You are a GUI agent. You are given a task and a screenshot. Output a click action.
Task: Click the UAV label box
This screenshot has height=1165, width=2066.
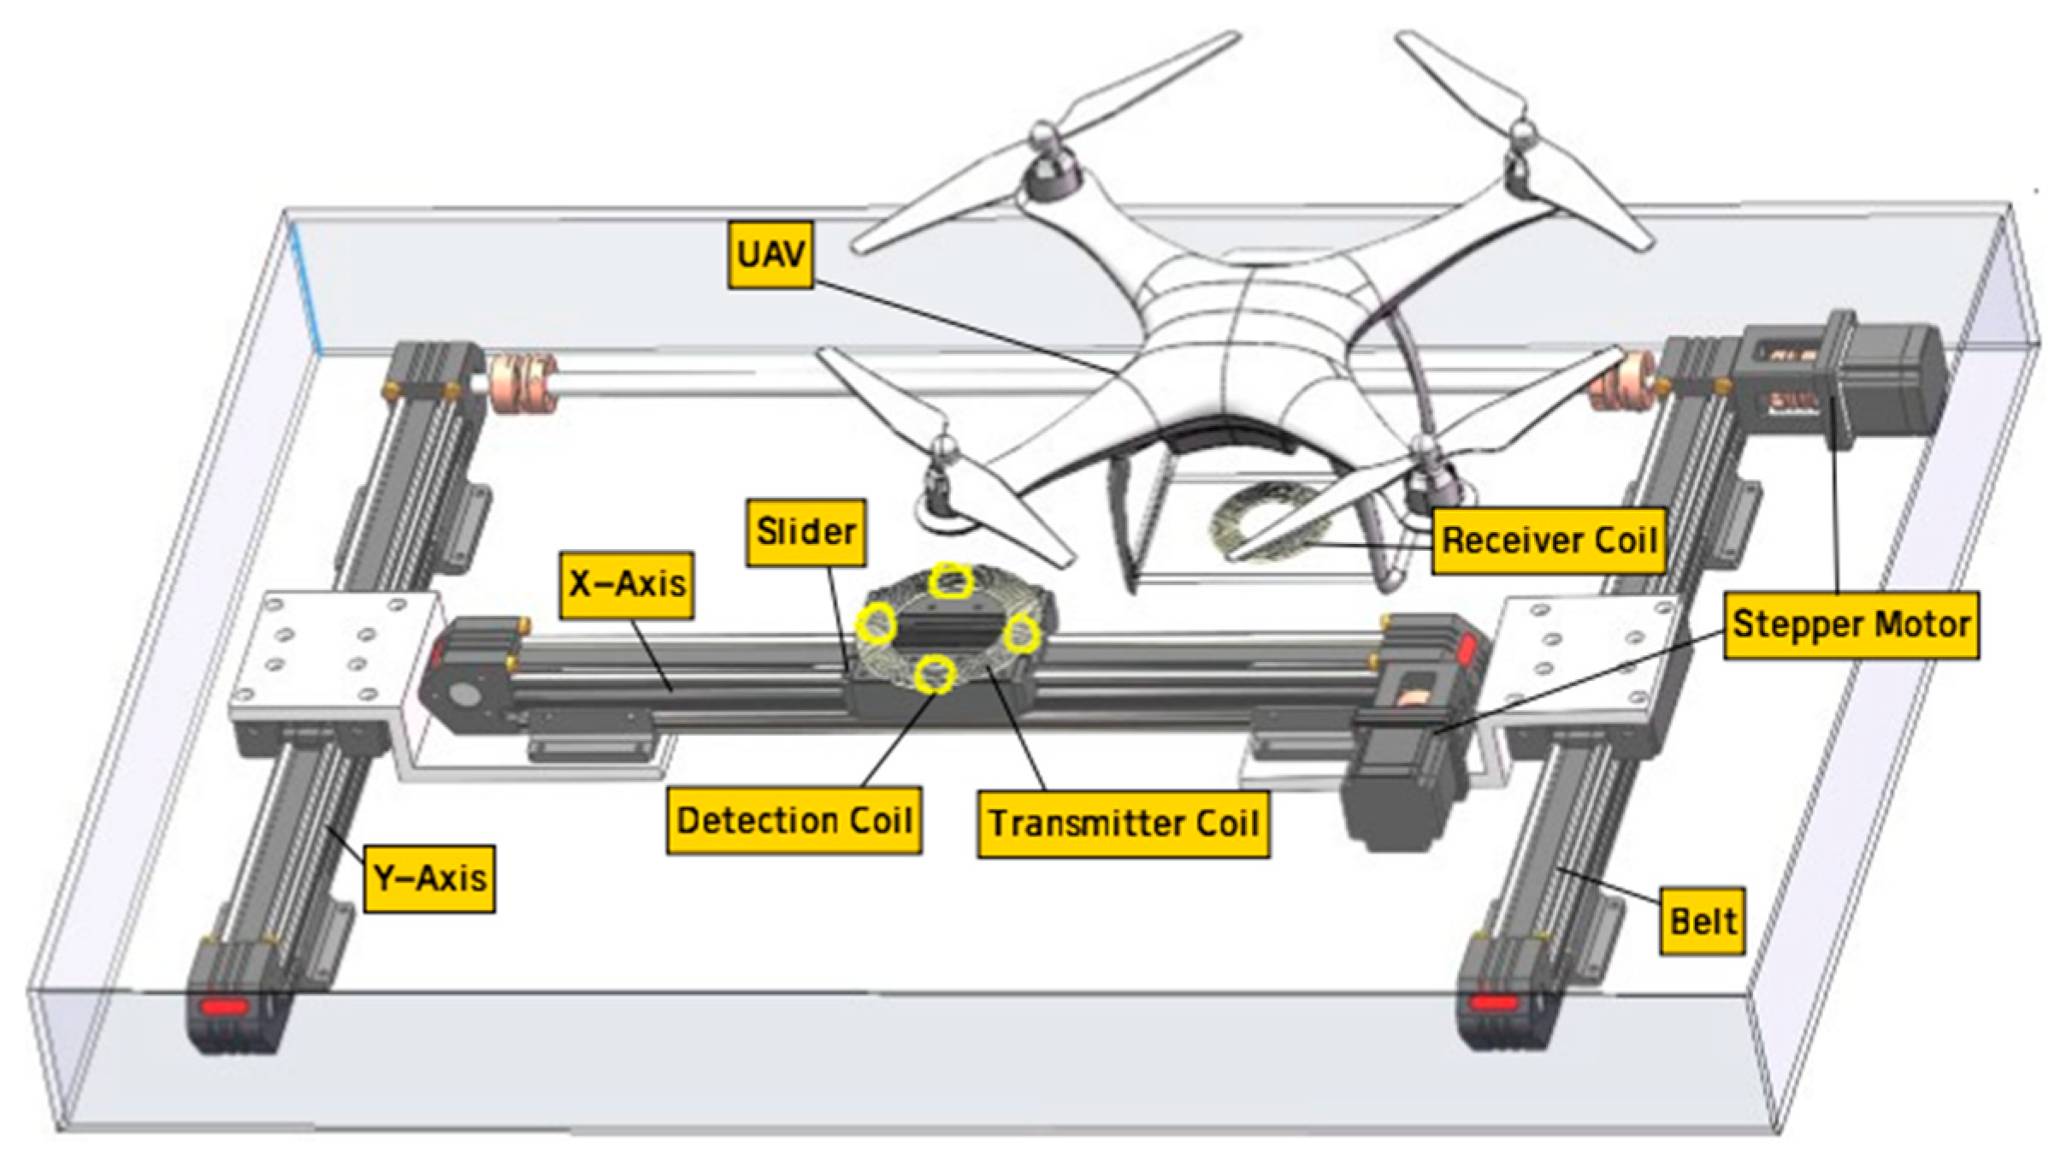(x=770, y=254)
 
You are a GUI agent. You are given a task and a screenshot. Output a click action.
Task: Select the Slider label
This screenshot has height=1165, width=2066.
(x=806, y=532)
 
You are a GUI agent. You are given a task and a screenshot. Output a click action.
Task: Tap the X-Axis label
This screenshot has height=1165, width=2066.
(x=627, y=584)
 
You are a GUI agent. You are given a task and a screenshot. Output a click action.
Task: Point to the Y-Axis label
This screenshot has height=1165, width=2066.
(x=429, y=878)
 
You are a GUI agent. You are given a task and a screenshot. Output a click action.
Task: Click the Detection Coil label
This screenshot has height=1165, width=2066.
(x=794, y=820)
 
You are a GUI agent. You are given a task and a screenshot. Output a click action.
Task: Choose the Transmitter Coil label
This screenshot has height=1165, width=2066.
(x=1123, y=824)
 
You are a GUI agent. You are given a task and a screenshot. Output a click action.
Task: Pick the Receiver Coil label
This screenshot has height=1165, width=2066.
(x=1549, y=541)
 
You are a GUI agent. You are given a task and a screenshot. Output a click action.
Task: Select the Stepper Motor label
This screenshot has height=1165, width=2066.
(x=1851, y=624)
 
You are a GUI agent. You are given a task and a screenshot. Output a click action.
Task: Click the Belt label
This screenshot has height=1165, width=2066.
(x=1702, y=921)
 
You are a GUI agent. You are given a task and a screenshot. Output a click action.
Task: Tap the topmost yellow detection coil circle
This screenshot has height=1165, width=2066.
(x=951, y=582)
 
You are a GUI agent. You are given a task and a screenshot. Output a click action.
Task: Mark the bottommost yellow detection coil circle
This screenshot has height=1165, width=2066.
(x=935, y=675)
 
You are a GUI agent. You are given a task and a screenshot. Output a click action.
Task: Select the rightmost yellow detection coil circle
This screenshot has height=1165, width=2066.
(x=1021, y=634)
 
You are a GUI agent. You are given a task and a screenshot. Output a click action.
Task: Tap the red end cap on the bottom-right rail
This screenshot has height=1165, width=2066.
(x=1494, y=1002)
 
